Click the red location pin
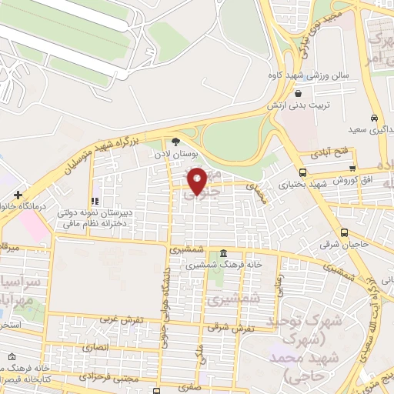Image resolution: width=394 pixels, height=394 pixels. (x=197, y=180)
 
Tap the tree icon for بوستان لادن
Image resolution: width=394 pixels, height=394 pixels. (x=176, y=142)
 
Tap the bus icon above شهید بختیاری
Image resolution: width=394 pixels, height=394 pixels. (x=302, y=172)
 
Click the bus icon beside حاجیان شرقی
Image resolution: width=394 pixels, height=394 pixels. (x=345, y=233)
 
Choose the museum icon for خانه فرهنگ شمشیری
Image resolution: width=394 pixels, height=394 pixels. (x=223, y=254)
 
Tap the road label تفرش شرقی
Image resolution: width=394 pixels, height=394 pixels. (x=225, y=327)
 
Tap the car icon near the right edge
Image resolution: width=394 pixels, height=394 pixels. (x=374, y=119)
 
